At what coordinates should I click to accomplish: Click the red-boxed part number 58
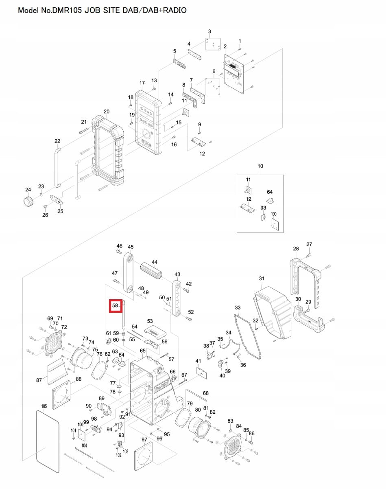coord(115,305)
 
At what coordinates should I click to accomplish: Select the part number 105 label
coord(44,406)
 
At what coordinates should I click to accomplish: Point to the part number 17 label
coord(142,83)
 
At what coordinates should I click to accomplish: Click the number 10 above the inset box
coord(260,166)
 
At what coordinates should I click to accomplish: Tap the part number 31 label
coord(262,278)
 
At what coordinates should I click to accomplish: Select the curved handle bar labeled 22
coord(56,167)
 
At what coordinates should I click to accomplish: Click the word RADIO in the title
coord(174,10)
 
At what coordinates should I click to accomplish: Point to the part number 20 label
coord(107,112)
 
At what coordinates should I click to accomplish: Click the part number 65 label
coord(142,351)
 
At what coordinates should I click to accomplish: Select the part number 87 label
coord(39,380)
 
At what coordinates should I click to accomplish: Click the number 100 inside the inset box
coord(273,214)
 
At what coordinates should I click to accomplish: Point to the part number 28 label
coord(296,248)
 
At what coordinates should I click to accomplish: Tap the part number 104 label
coord(84,445)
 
